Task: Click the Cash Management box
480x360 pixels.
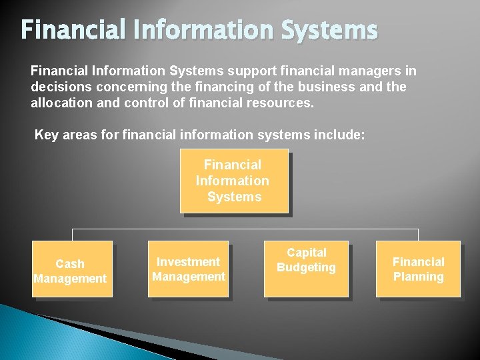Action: tap(72, 269)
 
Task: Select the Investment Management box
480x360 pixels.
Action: tap(189, 269)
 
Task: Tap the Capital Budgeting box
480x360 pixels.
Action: tap(306, 269)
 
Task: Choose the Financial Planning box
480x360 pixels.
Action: tap(418, 269)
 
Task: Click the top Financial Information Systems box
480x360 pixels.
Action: tap(233, 181)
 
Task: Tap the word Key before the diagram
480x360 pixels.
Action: tap(46, 135)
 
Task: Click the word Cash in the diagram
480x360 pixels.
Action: tap(70, 264)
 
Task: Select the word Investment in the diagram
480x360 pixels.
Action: tap(188, 262)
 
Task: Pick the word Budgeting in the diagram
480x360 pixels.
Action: tap(306, 267)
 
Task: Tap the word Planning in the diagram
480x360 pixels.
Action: tap(418, 277)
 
